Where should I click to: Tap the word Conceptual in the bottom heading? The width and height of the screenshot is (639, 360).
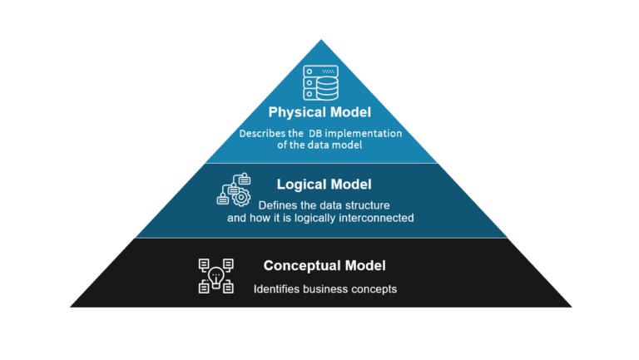(x=302, y=265)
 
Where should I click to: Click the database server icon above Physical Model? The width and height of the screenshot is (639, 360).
(x=320, y=82)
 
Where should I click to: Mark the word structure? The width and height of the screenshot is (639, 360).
(x=368, y=205)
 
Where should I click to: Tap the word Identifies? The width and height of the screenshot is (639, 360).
(x=279, y=289)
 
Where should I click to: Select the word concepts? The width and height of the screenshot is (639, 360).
(x=377, y=289)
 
